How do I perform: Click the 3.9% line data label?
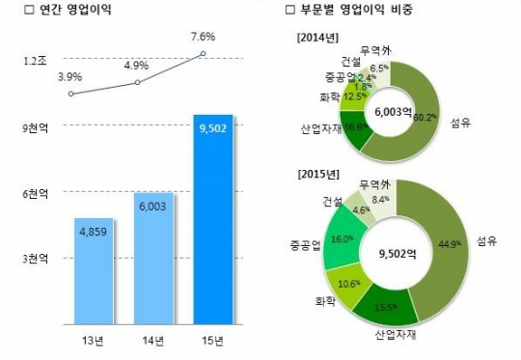coord(69,76)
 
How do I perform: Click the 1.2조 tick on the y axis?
coord(34,60)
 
